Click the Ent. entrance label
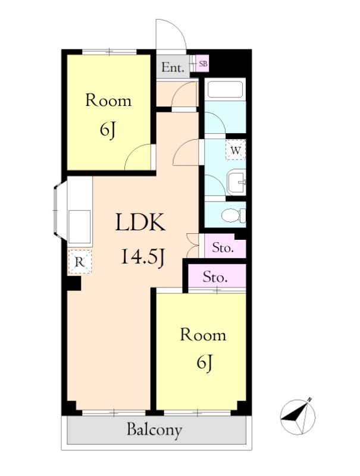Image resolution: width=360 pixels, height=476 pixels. (173, 67)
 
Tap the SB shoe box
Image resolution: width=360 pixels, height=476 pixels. (202, 64)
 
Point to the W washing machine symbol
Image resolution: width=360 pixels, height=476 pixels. (236, 150)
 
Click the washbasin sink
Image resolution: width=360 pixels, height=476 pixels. (236, 182)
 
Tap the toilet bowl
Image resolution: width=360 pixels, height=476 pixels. (233, 215)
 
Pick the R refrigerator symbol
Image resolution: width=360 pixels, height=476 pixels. (79, 262)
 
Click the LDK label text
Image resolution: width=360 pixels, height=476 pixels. (140, 223)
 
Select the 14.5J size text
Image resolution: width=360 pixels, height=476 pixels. (143, 257)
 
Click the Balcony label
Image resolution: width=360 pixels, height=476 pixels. (155, 430)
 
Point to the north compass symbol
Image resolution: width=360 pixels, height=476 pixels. (298, 416)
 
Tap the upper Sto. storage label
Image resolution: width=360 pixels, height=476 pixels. (223, 248)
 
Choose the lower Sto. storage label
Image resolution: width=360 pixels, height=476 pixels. (215, 277)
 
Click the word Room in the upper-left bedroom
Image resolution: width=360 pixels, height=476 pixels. (108, 100)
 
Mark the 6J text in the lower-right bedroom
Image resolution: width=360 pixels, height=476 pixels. (204, 363)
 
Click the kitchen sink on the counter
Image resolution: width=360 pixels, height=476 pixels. (79, 227)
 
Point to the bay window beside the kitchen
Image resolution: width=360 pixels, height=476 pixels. (60, 210)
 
